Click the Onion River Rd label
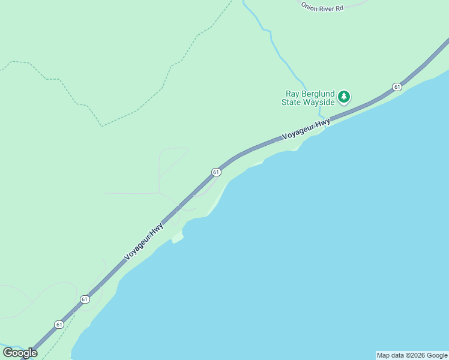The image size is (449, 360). [322, 7]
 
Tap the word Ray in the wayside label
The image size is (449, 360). [292, 94]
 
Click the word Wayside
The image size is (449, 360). [319, 102]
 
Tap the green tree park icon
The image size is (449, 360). [344, 96]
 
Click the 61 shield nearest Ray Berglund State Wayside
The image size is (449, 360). [397, 87]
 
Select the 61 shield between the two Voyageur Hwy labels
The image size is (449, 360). [216, 172]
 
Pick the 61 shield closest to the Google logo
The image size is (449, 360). [59, 324]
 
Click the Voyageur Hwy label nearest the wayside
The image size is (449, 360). [306, 130]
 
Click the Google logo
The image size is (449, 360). [20, 353]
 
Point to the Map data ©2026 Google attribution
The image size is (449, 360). [412, 355]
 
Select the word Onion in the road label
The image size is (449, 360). [309, 7]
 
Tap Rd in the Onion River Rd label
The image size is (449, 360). [339, 8]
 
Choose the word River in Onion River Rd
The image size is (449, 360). [326, 8]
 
